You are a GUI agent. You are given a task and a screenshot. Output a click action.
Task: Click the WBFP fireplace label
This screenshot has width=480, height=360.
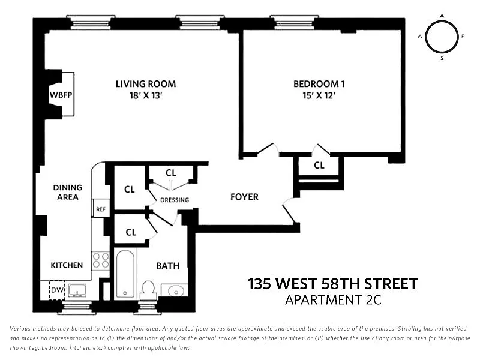coord(61,95)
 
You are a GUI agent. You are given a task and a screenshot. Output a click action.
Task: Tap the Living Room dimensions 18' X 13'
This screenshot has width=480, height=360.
coord(146,95)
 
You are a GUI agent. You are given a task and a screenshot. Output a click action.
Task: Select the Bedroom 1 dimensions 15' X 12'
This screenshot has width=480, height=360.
coord(319,95)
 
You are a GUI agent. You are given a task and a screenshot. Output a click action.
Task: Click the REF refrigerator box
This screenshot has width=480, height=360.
coord(101,209)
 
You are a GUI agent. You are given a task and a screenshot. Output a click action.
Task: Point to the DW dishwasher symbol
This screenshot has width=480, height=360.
coord(57,290)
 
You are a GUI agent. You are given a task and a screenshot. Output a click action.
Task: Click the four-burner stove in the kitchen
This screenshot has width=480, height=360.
coord(101,260)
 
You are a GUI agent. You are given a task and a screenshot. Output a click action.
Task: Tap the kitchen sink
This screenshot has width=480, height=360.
coord(77,290)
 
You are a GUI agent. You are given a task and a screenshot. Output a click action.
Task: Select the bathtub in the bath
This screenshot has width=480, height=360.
coord(125,274)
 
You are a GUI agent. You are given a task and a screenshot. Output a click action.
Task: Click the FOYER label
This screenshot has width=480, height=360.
coord(244,197)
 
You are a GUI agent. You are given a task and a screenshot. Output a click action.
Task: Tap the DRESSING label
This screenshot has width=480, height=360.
coord(175,200)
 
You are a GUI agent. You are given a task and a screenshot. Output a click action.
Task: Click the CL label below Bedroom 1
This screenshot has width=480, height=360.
coord(319,166)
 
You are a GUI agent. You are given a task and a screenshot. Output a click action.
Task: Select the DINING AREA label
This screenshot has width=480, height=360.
coord(68,192)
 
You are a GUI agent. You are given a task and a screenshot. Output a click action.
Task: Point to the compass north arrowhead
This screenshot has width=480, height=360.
coord(442,16)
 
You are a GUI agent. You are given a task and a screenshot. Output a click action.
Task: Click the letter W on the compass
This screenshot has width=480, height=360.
coord(420,37)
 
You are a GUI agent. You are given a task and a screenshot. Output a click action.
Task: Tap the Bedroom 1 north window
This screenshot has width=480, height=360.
coord(295,22)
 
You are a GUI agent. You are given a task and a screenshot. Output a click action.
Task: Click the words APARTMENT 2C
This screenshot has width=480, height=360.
coord(333,300)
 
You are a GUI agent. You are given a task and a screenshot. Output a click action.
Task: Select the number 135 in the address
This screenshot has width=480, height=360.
coord(260,284)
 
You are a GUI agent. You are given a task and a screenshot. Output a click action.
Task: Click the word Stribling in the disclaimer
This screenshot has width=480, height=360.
coord(409,329)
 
